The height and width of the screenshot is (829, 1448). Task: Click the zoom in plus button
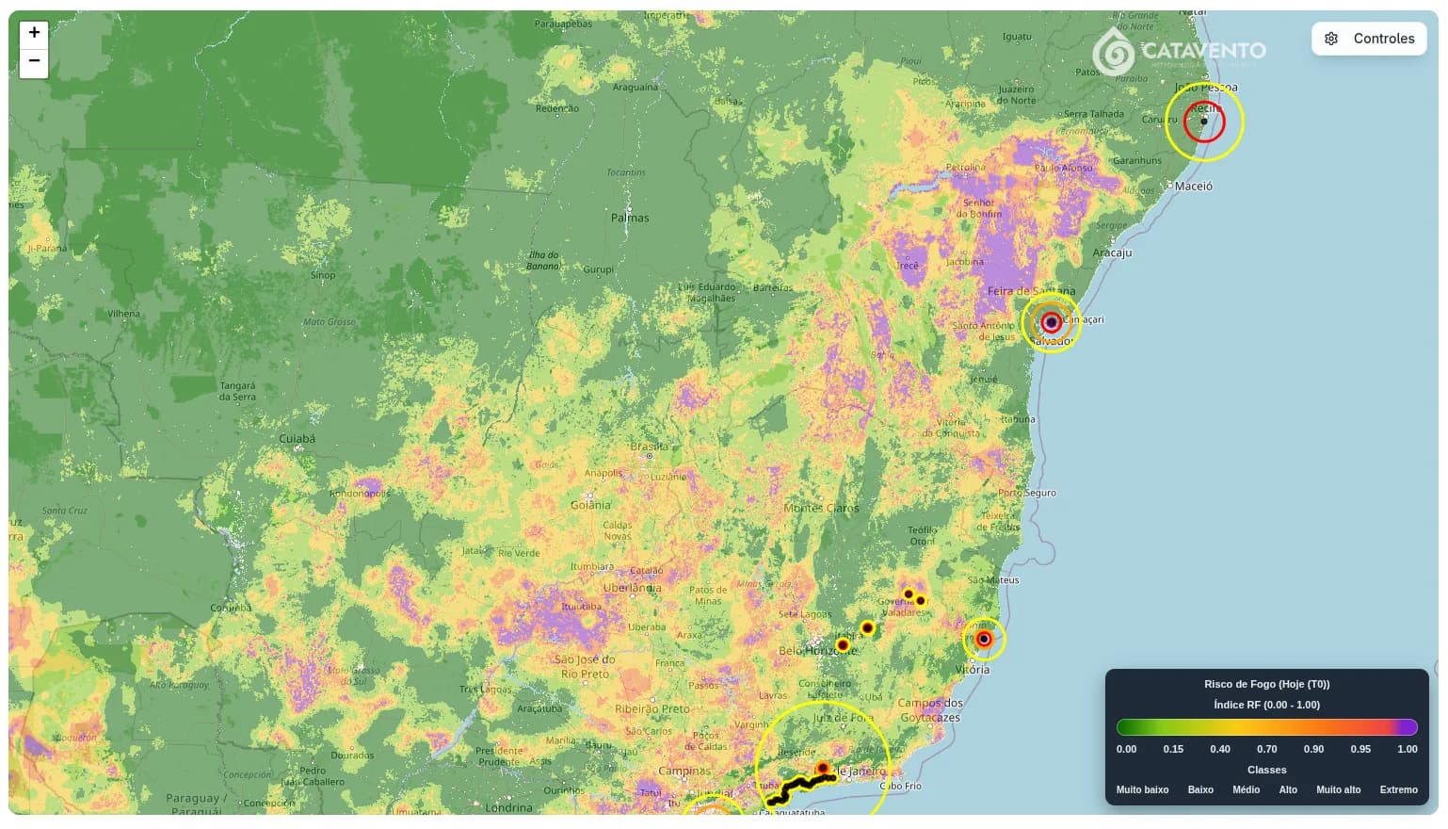coord(34,33)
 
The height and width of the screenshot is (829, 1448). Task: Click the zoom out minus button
coord(34,61)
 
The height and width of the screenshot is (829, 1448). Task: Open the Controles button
coord(1369,39)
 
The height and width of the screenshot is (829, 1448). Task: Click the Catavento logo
coord(1179,50)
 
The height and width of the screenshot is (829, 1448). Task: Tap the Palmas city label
coord(630,218)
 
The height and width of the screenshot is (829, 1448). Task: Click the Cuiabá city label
coord(298,438)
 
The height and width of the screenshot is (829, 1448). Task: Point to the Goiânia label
coord(590,505)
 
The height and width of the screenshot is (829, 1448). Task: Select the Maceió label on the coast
coord(1193,187)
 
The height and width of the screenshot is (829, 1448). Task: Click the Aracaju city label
coord(1112,252)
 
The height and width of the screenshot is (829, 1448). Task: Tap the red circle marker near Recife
coord(1203,122)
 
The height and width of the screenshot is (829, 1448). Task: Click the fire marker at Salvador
coord(1052,322)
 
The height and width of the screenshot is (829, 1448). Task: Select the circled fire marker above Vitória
coord(984,640)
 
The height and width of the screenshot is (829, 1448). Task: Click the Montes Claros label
coord(821,508)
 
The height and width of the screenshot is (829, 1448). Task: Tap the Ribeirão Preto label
coord(652,709)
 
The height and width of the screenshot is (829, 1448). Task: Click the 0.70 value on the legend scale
coord(1266,749)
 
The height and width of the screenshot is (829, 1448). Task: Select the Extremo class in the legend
coord(1398,789)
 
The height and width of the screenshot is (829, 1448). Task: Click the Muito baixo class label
coord(1142,789)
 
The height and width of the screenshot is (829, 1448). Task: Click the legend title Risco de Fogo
coord(1266,684)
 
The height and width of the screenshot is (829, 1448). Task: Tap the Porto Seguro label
coord(1026,493)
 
